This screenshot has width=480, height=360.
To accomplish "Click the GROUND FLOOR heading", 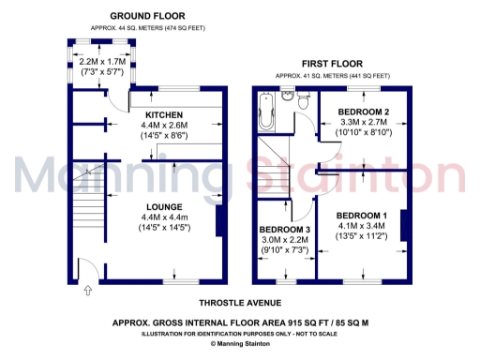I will coord(147,16).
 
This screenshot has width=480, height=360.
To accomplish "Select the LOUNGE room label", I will coord(163,206).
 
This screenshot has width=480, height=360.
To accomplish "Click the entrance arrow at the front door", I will coord(86,292).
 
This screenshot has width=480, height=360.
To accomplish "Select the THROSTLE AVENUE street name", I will coord(239,303).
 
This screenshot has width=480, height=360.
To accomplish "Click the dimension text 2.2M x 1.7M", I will coord(100,62).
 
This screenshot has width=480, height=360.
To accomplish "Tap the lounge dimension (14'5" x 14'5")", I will coord(164,228).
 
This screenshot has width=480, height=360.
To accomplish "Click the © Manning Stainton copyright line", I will coord(239,344).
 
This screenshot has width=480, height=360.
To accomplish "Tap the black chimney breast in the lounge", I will coord(219,220).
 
